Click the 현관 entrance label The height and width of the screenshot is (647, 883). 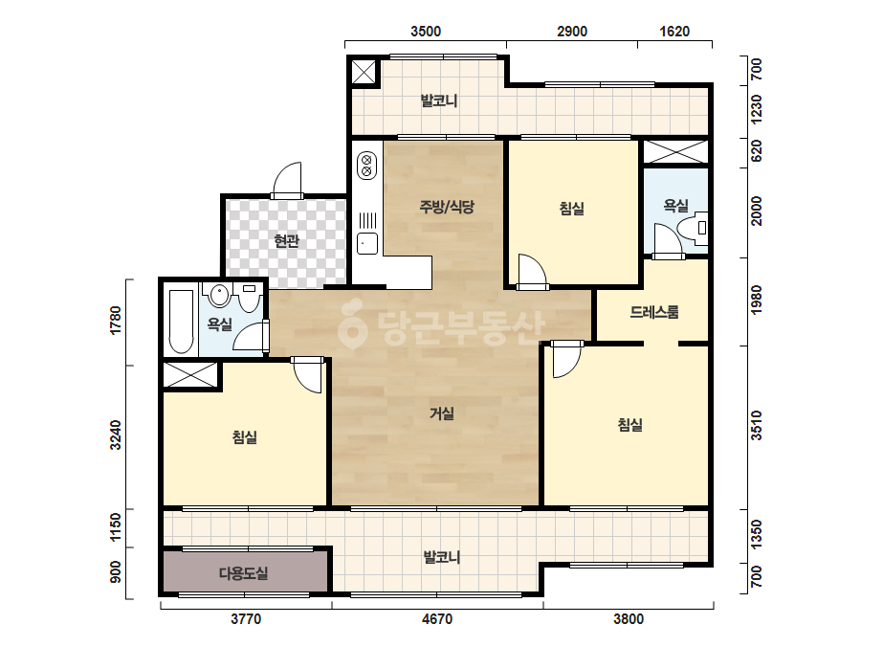286,241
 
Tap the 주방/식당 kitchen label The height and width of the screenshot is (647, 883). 447,207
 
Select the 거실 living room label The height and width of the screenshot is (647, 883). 442,413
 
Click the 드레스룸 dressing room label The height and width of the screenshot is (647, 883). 654,312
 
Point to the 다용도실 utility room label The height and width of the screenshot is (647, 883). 243,573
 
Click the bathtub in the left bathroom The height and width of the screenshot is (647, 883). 182,322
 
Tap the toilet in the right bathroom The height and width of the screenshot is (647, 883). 692,228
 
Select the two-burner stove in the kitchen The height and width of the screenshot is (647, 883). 366,166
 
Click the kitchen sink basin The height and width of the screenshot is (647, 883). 367,243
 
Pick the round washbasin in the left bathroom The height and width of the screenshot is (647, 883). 219,296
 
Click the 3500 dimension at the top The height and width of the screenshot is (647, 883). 426,31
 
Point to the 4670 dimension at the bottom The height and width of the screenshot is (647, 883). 437,619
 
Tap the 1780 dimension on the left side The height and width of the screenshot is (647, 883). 116,320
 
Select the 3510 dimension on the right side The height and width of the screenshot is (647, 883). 757,426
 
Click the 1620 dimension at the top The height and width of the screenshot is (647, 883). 674,31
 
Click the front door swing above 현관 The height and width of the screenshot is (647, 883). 287,179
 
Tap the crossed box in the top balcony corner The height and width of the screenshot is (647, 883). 364,72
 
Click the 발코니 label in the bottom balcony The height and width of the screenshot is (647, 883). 442,557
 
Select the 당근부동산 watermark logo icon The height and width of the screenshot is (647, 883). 352,325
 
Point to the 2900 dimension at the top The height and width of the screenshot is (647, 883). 572,31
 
